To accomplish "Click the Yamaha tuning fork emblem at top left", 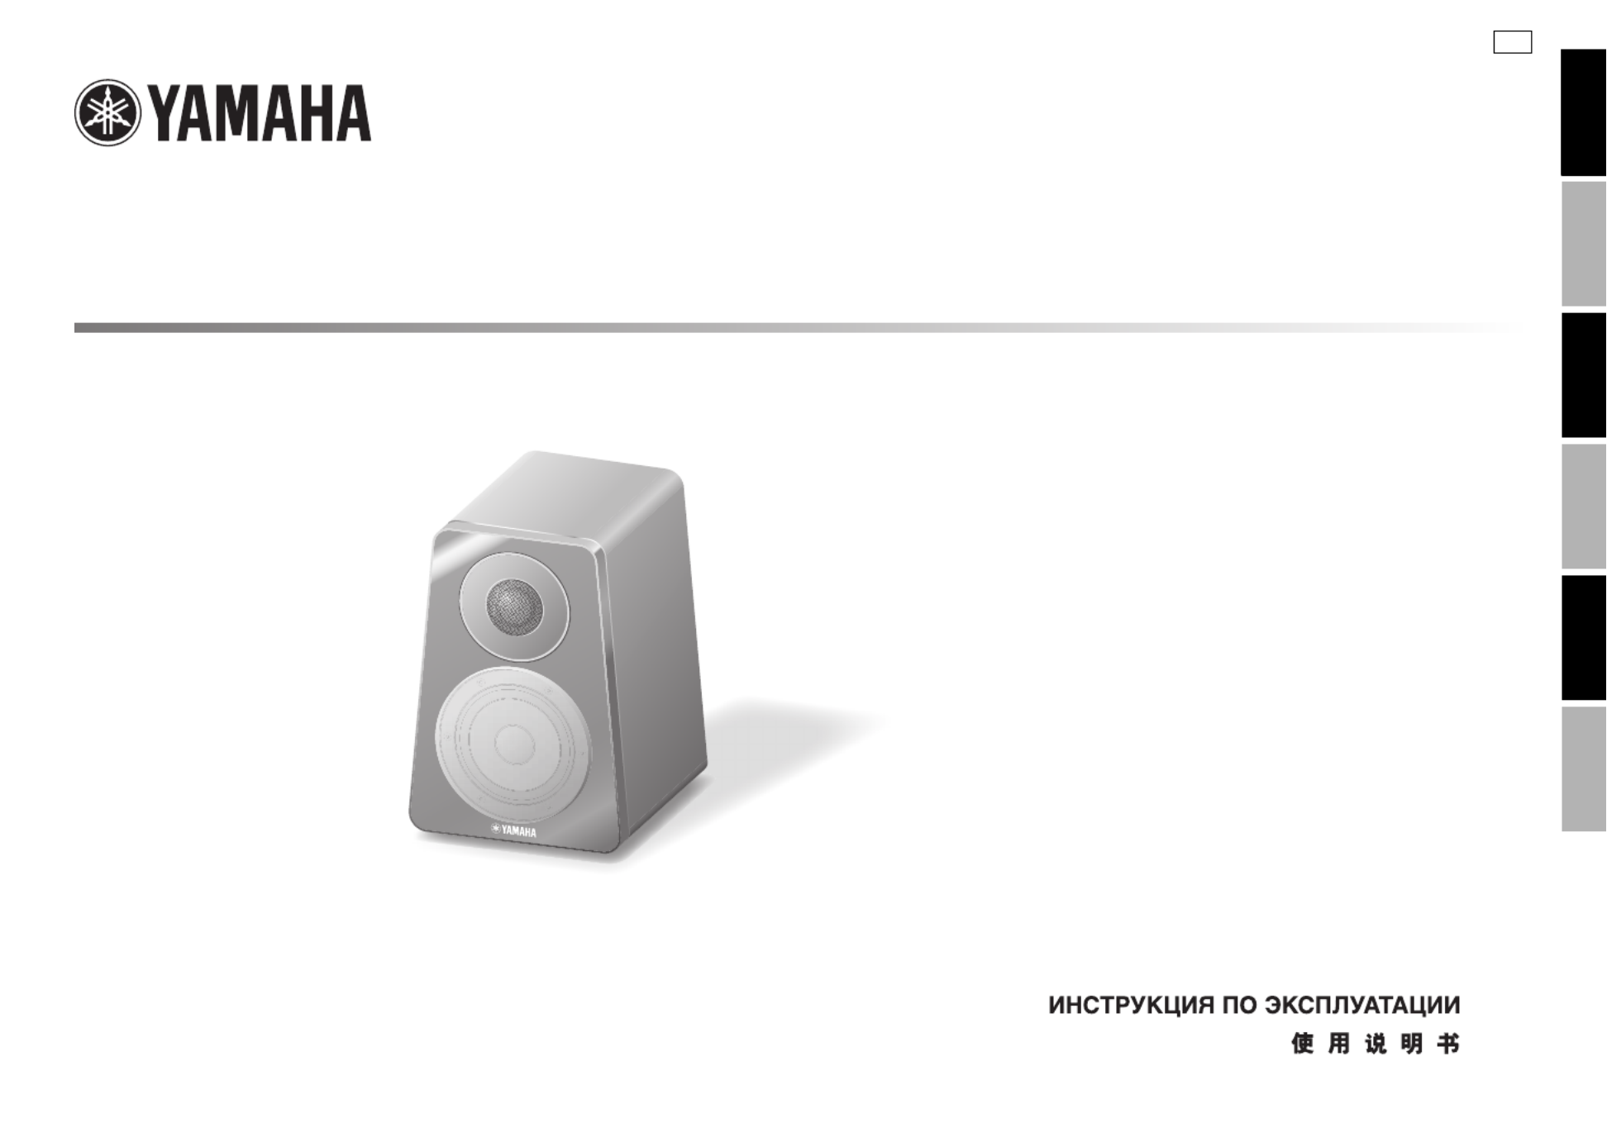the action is coord(107,113).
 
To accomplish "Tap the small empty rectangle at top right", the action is coord(1512,42).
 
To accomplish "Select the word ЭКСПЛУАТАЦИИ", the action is coord(1363,1006).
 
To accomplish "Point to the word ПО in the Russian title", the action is coord(1240,1006).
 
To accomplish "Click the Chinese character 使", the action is coord(1303,1044).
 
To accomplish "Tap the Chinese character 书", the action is coord(1448,1044).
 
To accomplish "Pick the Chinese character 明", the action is coord(1412,1044).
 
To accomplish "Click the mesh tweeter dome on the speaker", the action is coord(514,607).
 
